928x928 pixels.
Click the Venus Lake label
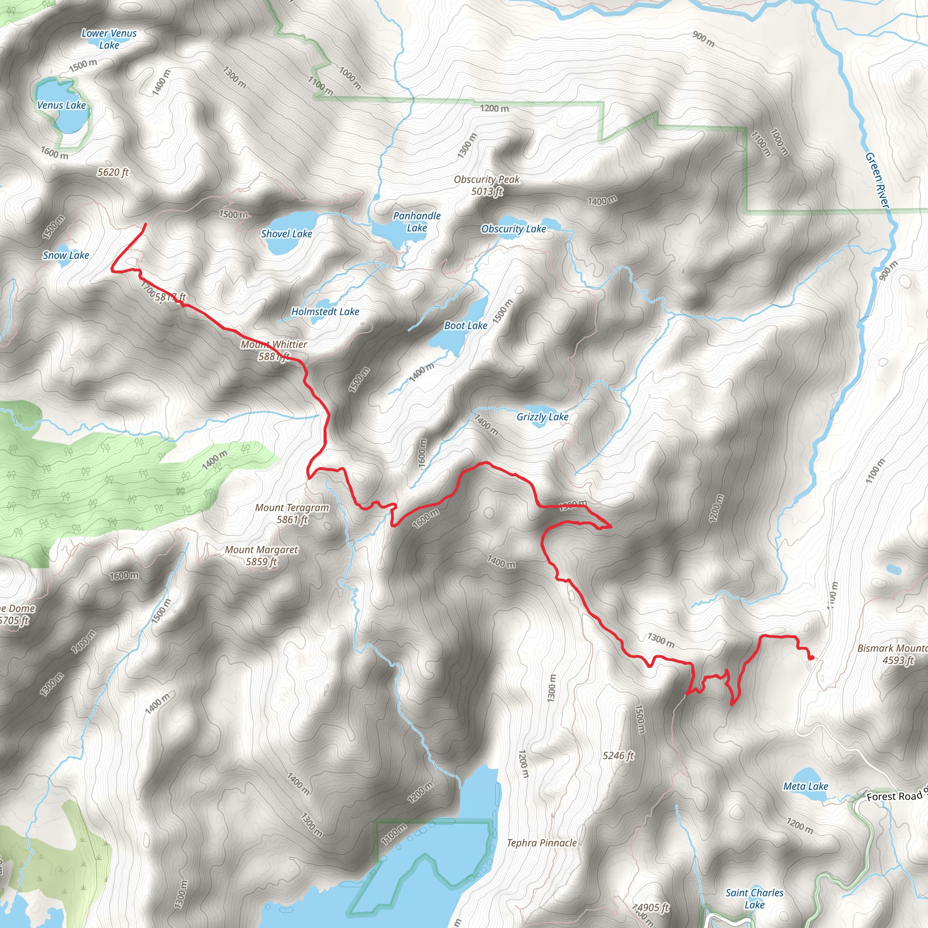click(62, 105)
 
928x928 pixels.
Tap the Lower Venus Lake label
click(109, 39)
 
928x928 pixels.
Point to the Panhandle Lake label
click(416, 222)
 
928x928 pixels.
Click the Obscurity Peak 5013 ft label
click(487, 185)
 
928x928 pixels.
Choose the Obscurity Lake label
click(513, 229)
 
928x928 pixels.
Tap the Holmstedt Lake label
click(325, 312)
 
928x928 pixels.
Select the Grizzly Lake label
click(542, 417)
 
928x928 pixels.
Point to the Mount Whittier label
click(274, 344)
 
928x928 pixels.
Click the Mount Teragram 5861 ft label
click(292, 513)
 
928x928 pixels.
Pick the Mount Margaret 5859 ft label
click(261, 555)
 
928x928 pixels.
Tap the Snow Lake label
click(66, 256)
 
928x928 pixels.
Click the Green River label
click(877, 180)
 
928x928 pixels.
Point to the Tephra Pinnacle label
click(542, 843)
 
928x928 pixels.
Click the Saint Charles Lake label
click(754, 899)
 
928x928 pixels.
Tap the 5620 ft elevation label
click(113, 173)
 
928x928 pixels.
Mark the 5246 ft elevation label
click(618, 755)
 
